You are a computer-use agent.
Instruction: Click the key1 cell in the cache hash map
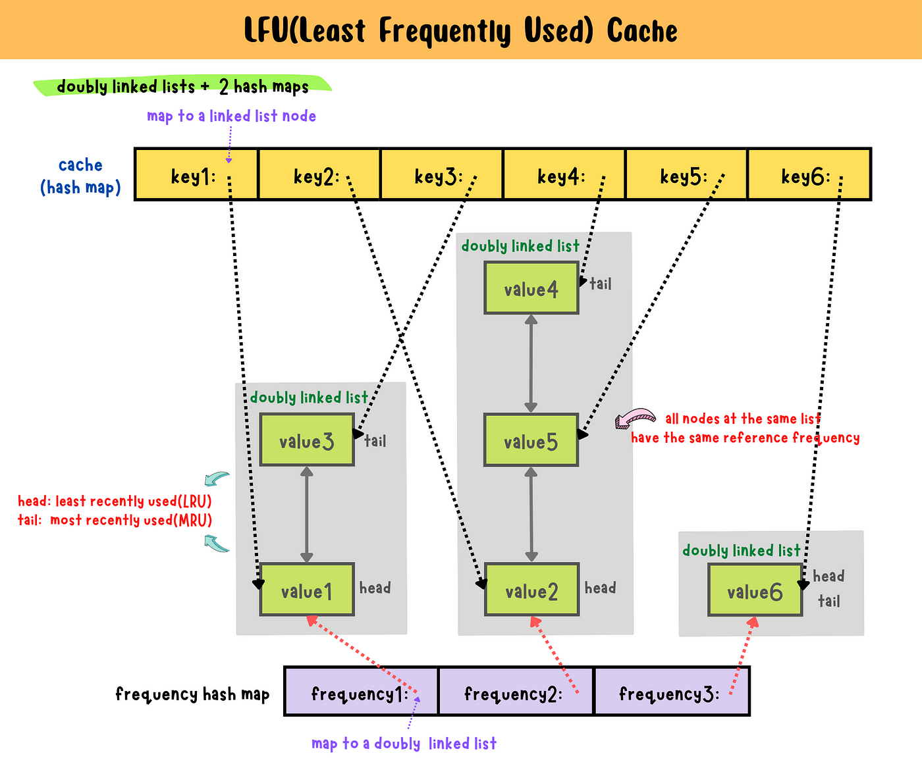[196, 174]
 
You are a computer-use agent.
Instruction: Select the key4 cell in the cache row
[564, 174]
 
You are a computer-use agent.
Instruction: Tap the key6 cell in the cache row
[809, 174]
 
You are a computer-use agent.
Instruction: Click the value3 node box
[307, 440]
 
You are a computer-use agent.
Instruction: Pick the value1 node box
[307, 589]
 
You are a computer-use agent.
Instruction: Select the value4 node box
[531, 288]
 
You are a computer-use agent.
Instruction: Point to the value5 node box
[531, 440]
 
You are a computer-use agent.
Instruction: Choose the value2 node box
[531, 589]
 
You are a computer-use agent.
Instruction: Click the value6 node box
[755, 590]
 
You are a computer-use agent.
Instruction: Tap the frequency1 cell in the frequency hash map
[361, 691]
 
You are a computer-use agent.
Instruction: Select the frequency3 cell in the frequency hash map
[672, 691]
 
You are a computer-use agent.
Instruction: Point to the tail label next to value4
[601, 284]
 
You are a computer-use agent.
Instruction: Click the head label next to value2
[600, 588]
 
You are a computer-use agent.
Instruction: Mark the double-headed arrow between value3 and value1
[307, 514]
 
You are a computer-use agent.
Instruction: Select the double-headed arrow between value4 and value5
[531, 364]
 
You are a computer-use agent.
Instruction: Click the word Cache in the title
[642, 31]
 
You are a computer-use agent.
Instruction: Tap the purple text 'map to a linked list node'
[231, 116]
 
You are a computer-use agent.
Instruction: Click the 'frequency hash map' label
[192, 694]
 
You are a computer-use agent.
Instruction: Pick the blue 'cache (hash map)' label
[80, 176]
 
